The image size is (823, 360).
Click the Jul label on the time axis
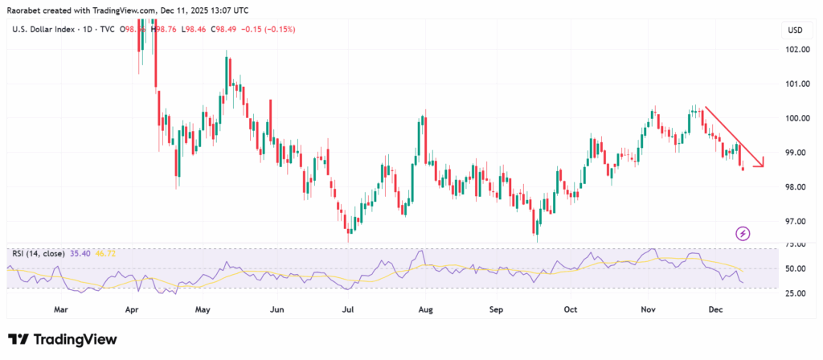348,308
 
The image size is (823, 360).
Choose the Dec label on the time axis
721,308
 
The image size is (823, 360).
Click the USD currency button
796,31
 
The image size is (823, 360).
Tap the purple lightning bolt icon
743,233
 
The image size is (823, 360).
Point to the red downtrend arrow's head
761,164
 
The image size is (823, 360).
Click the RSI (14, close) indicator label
39,252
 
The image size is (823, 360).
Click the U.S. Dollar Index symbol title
40,31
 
